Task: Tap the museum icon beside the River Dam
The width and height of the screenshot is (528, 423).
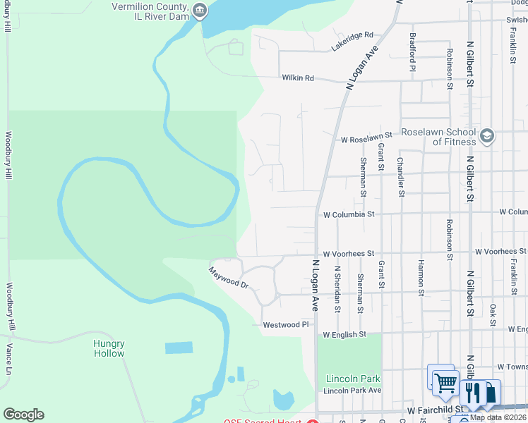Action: point(200,10)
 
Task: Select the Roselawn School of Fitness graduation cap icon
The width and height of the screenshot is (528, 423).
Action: point(486,135)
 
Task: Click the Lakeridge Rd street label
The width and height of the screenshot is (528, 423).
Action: point(352,42)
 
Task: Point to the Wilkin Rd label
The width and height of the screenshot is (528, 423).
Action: point(297,78)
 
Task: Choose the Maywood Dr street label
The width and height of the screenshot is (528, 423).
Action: point(229,277)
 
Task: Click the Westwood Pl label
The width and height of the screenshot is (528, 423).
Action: point(286,325)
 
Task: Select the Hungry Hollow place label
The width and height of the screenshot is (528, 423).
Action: point(109,348)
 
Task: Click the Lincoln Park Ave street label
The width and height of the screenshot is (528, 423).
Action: point(352,390)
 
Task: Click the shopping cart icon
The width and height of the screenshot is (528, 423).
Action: point(445,383)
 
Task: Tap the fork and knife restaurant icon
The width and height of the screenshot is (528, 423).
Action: point(472,393)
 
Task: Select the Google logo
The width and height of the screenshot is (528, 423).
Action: point(23,415)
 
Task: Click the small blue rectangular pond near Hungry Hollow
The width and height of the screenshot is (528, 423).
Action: point(179,348)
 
